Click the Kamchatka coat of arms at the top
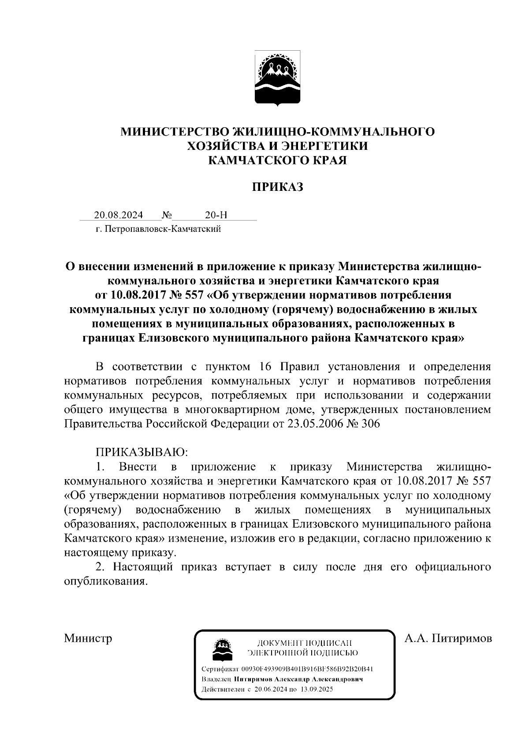pyautogui.click(x=277, y=78)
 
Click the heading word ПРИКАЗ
pyautogui.click(x=277, y=187)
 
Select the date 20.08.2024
pyautogui.click(x=118, y=215)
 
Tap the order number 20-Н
pyautogui.click(x=216, y=215)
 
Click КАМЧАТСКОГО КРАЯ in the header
pyautogui.click(x=277, y=160)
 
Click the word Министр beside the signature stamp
pyautogui.click(x=88, y=638)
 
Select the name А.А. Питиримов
pyautogui.click(x=447, y=638)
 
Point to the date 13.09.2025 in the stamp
pyautogui.click(x=317, y=689)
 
